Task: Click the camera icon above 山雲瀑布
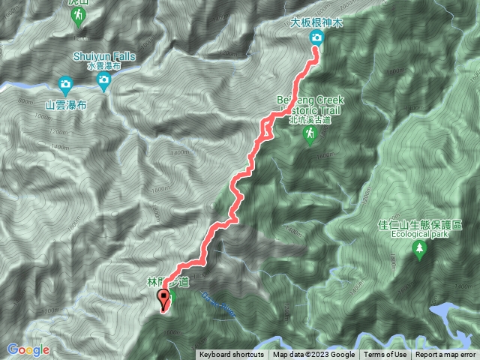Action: (x=65, y=84)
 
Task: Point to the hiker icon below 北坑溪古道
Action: (x=309, y=133)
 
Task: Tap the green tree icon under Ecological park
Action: (x=418, y=250)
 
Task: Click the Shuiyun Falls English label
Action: (x=103, y=55)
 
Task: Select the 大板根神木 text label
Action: (x=316, y=23)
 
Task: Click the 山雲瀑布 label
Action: (x=66, y=106)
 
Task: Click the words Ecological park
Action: (x=418, y=234)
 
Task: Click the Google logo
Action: (x=28, y=350)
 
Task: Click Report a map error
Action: (x=445, y=355)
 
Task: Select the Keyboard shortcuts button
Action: (x=232, y=355)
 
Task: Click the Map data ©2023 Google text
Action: (x=313, y=355)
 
